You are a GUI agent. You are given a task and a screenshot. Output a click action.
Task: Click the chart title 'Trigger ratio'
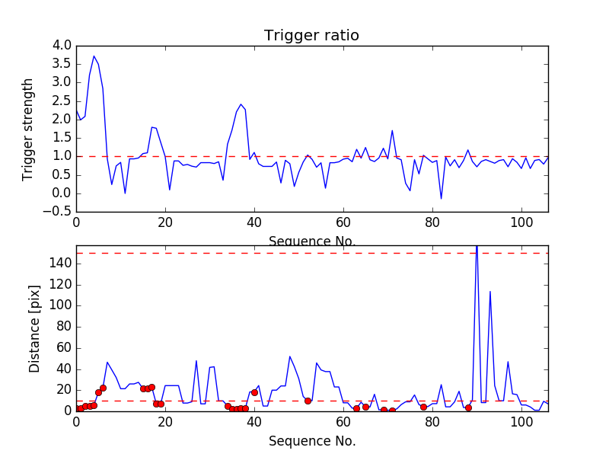[311, 36]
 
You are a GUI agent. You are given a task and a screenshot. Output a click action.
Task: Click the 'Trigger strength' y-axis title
[28, 129]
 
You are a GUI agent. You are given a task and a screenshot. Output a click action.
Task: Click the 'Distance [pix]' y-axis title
[35, 328]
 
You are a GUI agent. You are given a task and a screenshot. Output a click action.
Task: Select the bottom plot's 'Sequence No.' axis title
[311, 441]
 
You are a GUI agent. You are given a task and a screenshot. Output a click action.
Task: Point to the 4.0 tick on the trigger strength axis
[61, 46]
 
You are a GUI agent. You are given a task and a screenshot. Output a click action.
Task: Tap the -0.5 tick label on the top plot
[58, 212]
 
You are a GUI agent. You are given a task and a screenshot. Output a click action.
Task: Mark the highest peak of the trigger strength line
[94, 56]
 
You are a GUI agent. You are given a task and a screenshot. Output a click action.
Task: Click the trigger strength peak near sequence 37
[241, 104]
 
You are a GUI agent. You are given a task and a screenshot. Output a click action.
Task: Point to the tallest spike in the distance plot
[477, 248]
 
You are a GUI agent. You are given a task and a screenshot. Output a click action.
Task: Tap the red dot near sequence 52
[308, 401]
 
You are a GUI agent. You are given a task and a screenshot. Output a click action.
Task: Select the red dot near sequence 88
[468, 407]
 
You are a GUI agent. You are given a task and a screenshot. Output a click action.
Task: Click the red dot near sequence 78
[423, 407]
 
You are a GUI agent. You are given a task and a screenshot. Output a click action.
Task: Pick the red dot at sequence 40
[254, 392]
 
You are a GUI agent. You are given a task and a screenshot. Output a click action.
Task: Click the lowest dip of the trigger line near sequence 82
[441, 199]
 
